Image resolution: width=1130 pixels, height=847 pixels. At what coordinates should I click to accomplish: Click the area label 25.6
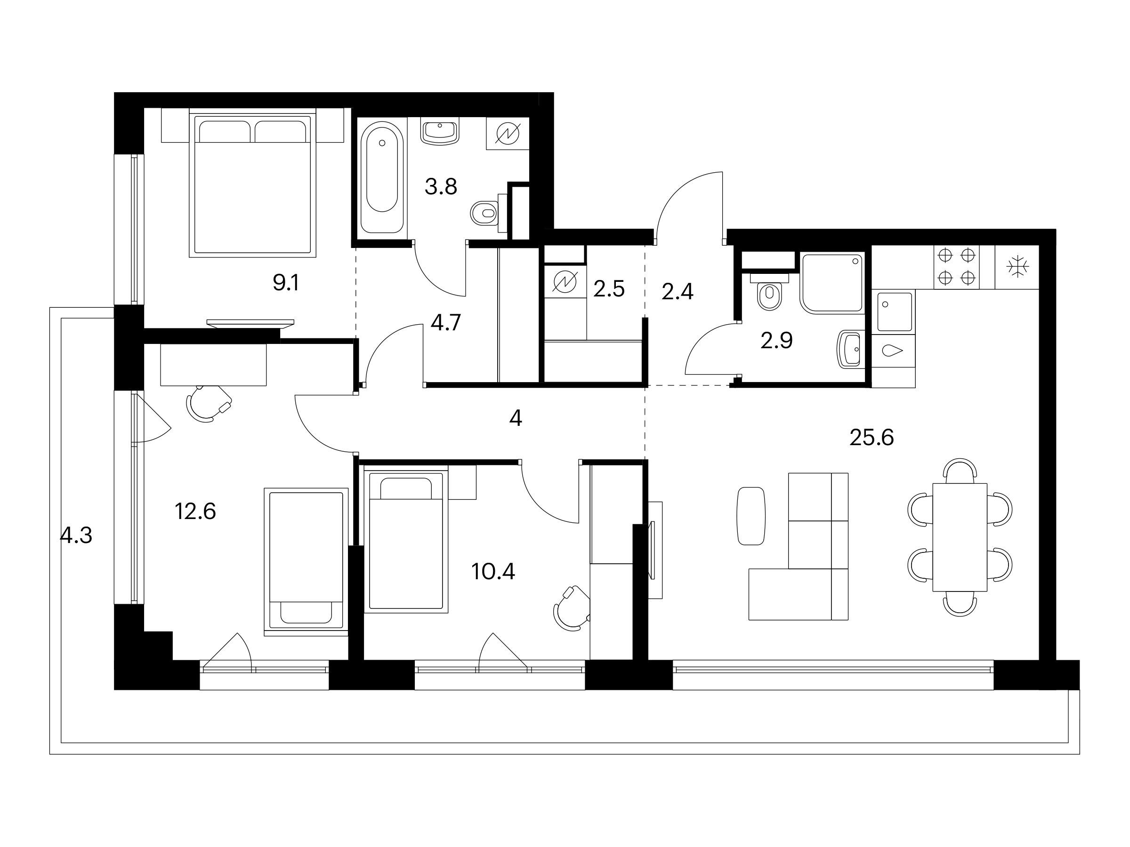tap(872, 438)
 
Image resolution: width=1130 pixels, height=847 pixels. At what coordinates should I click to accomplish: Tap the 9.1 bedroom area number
tap(286, 282)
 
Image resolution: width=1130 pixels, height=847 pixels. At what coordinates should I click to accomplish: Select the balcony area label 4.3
tap(76, 535)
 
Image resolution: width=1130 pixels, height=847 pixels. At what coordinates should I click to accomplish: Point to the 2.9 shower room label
tap(776, 341)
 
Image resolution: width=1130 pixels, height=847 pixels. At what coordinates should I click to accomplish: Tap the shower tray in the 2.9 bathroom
tap(832, 283)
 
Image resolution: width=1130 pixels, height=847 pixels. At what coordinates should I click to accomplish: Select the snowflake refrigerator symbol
tap(1017, 267)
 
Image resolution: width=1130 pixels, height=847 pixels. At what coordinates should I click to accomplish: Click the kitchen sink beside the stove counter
tap(895, 312)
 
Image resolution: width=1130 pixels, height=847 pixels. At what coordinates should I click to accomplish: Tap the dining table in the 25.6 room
tap(960, 537)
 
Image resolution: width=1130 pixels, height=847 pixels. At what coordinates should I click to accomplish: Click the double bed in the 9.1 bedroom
tap(250, 185)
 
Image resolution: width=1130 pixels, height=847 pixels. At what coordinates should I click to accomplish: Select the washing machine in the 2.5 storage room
tap(565, 282)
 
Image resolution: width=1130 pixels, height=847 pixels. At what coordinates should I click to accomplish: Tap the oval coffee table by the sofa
tap(751, 516)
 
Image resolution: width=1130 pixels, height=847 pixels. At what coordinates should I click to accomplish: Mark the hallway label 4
tap(516, 419)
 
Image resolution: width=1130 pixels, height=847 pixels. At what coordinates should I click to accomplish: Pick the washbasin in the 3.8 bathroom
tap(439, 131)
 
